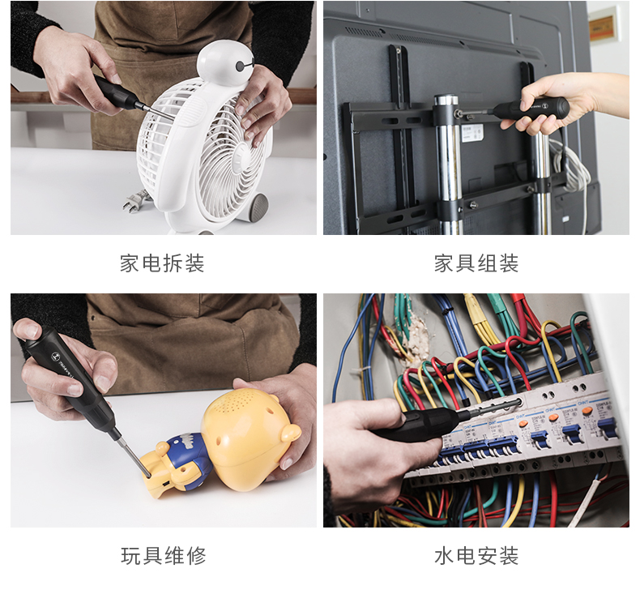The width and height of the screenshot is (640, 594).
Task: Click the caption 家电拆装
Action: click(x=162, y=263)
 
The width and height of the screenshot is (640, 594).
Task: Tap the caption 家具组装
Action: click(x=476, y=263)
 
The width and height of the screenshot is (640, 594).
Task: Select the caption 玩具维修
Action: click(x=164, y=556)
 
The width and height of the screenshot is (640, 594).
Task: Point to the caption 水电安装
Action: click(x=476, y=556)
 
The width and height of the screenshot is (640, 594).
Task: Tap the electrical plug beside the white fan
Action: click(x=135, y=201)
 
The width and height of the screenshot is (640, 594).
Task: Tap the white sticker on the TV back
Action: click(x=472, y=134)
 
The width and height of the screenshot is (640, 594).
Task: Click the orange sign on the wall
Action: click(x=603, y=24)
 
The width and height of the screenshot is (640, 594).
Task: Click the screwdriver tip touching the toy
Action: click(x=147, y=474)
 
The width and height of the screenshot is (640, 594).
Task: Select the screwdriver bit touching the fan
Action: click(x=157, y=113)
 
